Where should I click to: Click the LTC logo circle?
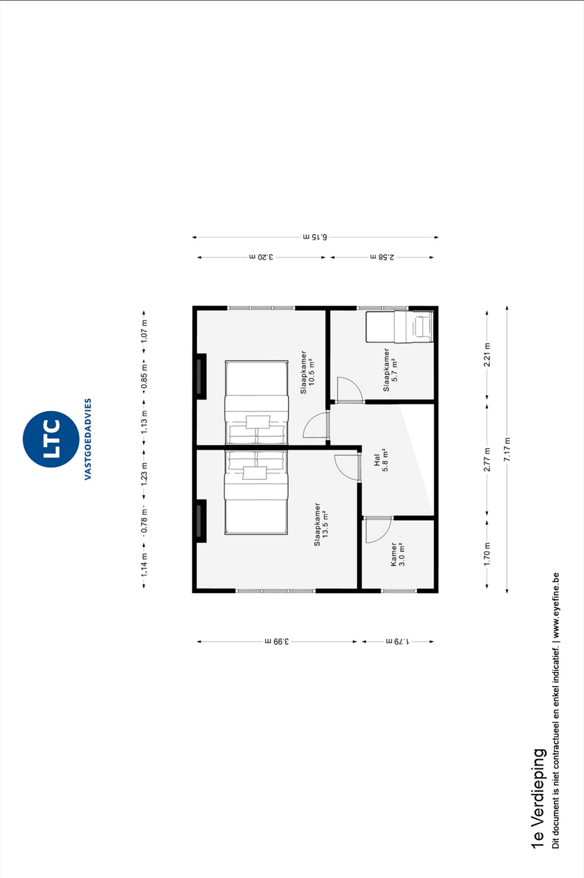point(51,439)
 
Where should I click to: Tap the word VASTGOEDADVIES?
point(88,439)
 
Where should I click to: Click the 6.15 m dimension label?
point(315,237)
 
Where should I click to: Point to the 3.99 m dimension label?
point(277,641)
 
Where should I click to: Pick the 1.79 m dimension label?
point(397,641)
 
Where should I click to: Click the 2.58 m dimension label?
point(383,257)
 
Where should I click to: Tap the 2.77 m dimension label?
point(487,460)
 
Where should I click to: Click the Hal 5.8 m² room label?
point(381,460)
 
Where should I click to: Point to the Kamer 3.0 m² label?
point(397,555)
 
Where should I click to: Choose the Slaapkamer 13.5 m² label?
point(321,524)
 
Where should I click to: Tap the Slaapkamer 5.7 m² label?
point(390,370)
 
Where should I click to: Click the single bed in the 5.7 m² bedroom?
point(400,327)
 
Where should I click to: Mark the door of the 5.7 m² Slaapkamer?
point(349,390)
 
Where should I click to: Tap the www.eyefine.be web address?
point(555,605)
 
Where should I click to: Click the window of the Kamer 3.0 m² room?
point(399,591)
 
